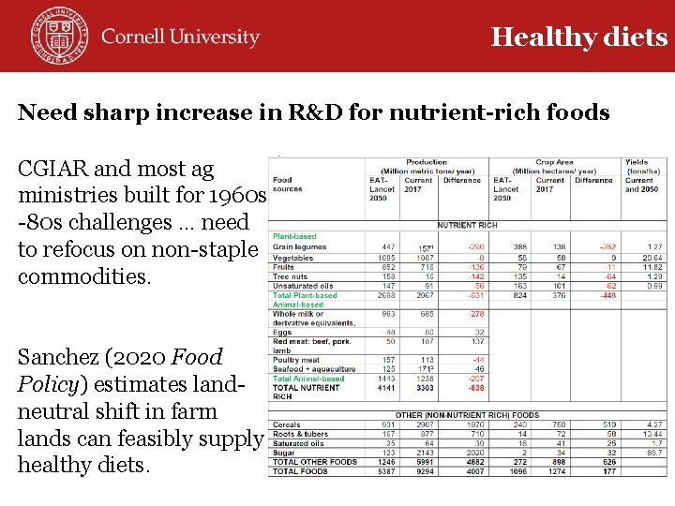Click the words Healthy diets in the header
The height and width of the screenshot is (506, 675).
click(x=578, y=37)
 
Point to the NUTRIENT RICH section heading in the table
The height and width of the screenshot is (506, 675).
click(x=467, y=225)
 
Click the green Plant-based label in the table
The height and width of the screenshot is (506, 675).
click(x=293, y=237)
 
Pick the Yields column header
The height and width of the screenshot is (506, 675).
click(x=636, y=162)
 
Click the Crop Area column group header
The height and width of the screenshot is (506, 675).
click(x=554, y=162)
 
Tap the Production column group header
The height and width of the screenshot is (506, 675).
click(x=427, y=162)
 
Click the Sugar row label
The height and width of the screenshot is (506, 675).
click(x=283, y=453)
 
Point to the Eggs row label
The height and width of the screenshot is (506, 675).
click(x=282, y=332)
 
